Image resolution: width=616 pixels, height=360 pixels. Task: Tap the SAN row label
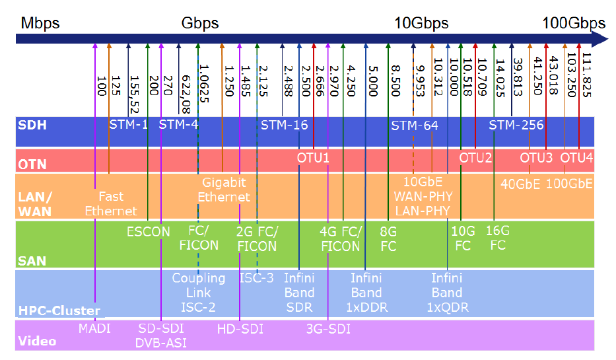click(32, 261)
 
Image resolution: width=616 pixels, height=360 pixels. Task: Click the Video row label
click(37, 342)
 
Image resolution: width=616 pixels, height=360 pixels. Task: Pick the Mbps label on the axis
click(40, 24)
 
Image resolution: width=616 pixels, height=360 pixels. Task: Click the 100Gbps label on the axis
click(573, 24)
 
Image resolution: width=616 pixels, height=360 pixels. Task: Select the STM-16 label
click(284, 125)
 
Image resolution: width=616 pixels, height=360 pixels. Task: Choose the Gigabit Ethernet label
click(224, 190)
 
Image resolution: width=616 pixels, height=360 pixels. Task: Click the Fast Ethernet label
click(111, 203)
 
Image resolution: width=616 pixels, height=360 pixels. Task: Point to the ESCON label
click(149, 232)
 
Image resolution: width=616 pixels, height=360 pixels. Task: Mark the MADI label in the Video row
click(95, 328)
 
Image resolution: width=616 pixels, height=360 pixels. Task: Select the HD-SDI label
click(240, 328)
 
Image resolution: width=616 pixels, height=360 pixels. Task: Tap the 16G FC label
click(498, 238)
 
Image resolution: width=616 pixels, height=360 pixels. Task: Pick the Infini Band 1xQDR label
click(447, 292)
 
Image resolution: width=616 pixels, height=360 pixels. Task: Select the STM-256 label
click(516, 125)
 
